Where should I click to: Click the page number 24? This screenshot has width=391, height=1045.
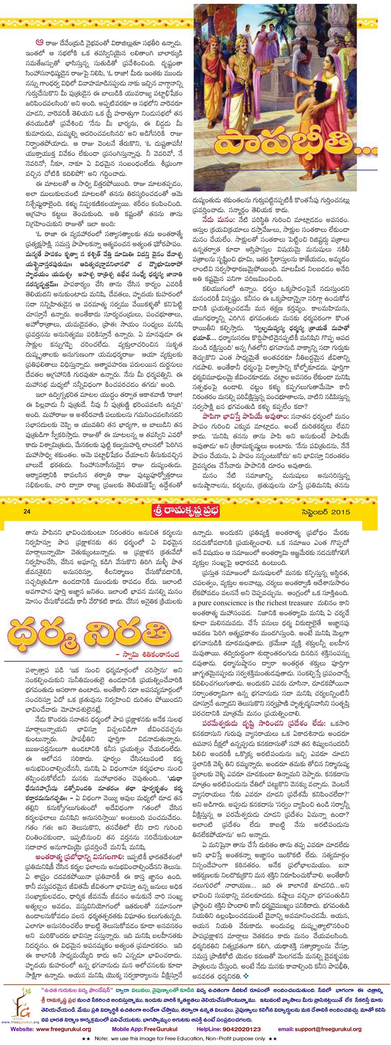pyautogui.click(x=27, y=511)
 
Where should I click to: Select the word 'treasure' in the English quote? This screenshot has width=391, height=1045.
pyautogui.click(x=298, y=603)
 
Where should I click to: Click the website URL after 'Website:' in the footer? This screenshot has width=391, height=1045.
pyautogui.click(x=63, y=1029)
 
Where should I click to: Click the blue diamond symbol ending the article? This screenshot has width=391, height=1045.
pyautogui.click(x=246, y=976)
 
